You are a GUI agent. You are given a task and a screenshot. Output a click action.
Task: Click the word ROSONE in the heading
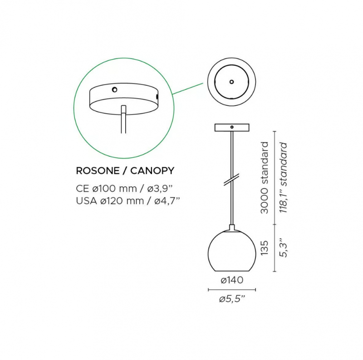click(x=98, y=171)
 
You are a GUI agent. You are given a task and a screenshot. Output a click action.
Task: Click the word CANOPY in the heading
click(x=152, y=171)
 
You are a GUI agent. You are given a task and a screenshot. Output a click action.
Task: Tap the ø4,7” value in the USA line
click(x=167, y=200)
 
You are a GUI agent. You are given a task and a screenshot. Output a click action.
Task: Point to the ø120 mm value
click(x=122, y=200)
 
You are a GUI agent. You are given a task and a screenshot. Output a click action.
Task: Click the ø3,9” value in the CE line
click(x=160, y=189)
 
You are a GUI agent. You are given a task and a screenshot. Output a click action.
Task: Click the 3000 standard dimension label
click(x=264, y=178)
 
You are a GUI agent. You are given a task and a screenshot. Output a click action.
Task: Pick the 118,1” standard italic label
click(x=283, y=178)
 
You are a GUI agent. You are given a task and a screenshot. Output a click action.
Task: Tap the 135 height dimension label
click(x=264, y=248)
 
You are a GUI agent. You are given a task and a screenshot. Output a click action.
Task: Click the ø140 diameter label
click(x=232, y=280)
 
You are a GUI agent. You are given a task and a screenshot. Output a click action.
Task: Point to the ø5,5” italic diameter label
click(x=232, y=299)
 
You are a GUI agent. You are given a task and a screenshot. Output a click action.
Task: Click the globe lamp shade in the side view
click(x=232, y=251)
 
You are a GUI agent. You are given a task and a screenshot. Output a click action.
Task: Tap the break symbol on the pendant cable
click(x=231, y=180)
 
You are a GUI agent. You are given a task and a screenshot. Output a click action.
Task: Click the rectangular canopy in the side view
click(x=232, y=127)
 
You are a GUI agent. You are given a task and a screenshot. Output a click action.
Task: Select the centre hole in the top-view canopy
click(x=231, y=82)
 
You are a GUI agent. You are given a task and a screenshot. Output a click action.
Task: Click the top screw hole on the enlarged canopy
click(x=114, y=89)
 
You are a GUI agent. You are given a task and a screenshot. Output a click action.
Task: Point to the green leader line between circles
click(x=188, y=88)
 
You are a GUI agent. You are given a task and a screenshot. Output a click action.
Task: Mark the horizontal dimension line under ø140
click(x=232, y=290)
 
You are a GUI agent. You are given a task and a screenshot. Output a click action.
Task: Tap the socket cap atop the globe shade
click(x=232, y=228)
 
